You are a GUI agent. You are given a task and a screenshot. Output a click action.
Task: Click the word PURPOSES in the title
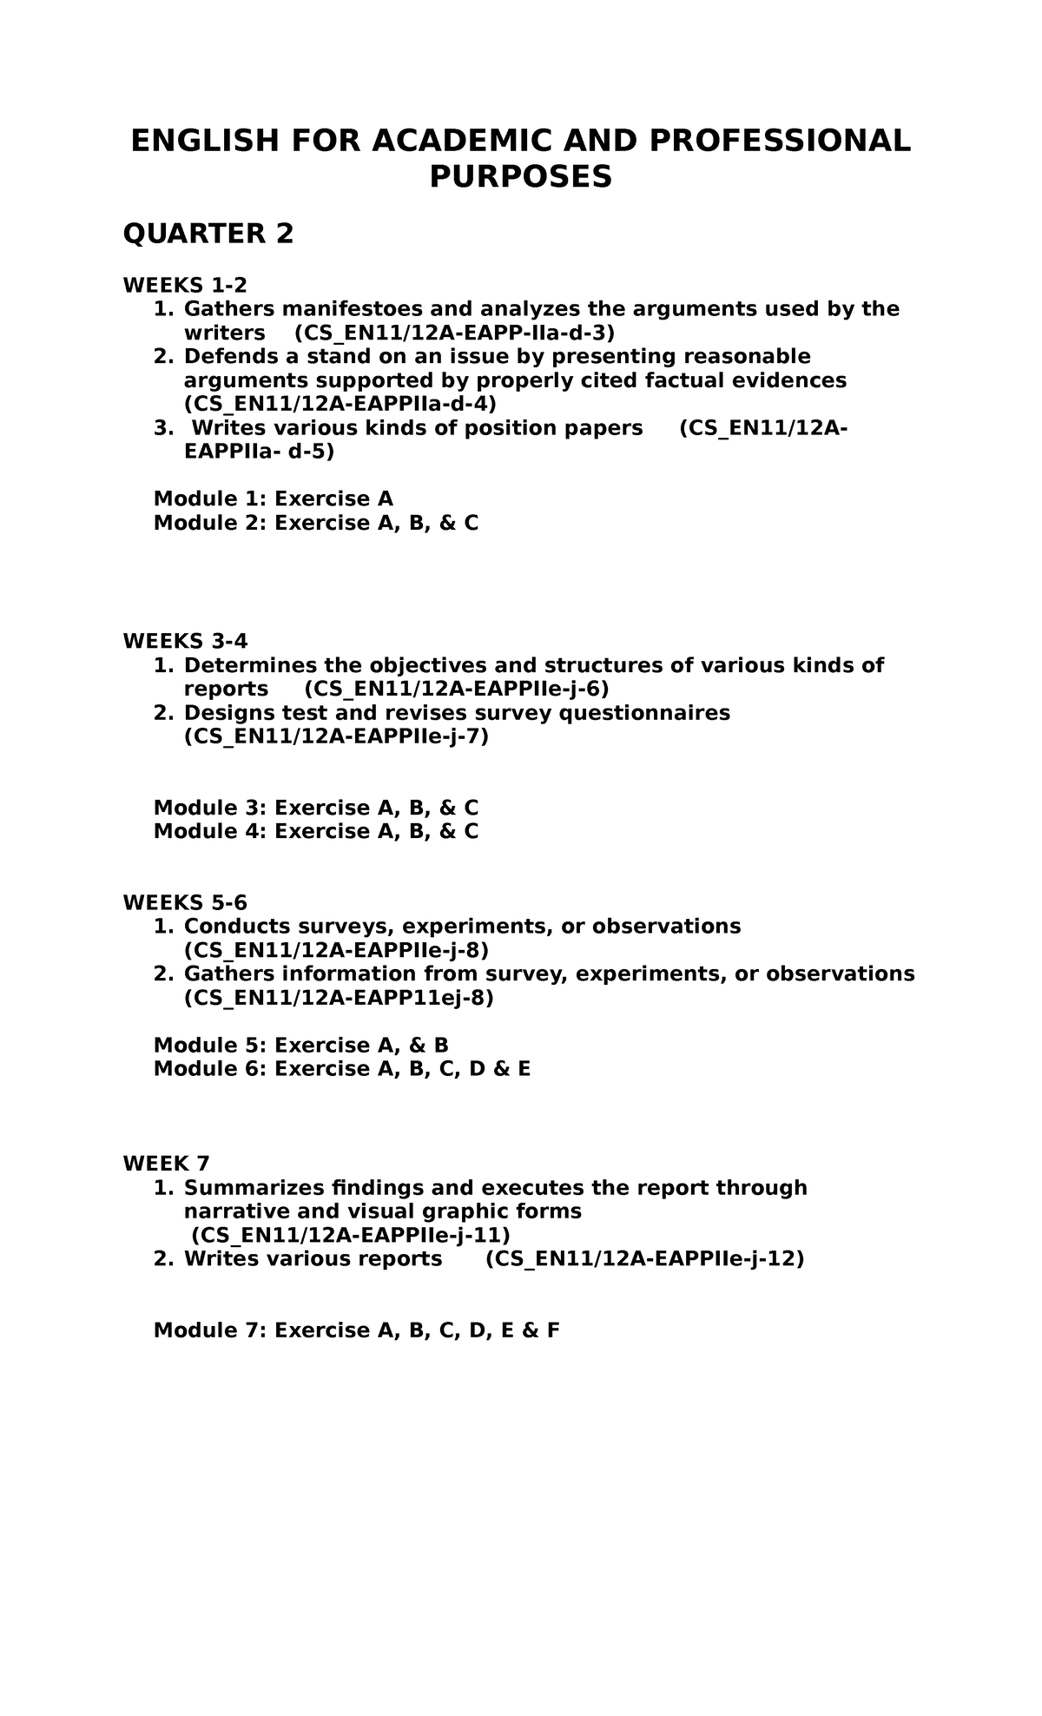click(x=521, y=177)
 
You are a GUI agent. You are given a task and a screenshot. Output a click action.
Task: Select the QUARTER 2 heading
click(x=208, y=234)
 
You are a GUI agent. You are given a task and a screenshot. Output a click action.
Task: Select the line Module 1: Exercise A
click(x=274, y=498)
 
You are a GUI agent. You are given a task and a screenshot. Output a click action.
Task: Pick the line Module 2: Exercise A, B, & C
click(x=316, y=523)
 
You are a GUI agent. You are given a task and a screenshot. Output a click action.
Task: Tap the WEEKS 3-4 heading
click(x=185, y=641)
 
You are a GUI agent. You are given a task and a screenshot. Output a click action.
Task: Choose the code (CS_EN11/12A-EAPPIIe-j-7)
click(x=337, y=736)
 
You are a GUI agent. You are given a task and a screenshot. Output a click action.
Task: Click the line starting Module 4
click(x=316, y=831)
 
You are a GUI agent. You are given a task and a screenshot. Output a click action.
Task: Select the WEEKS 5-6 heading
click(x=185, y=902)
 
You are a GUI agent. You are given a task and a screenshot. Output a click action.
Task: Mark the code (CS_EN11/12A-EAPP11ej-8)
click(x=339, y=998)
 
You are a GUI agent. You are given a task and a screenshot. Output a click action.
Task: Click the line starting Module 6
click(x=342, y=1069)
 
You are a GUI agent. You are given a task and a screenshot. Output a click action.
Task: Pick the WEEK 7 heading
click(x=167, y=1164)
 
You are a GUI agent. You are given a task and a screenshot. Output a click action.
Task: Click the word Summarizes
click(x=250, y=1187)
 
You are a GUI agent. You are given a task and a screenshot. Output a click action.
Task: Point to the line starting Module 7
click(x=356, y=1330)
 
